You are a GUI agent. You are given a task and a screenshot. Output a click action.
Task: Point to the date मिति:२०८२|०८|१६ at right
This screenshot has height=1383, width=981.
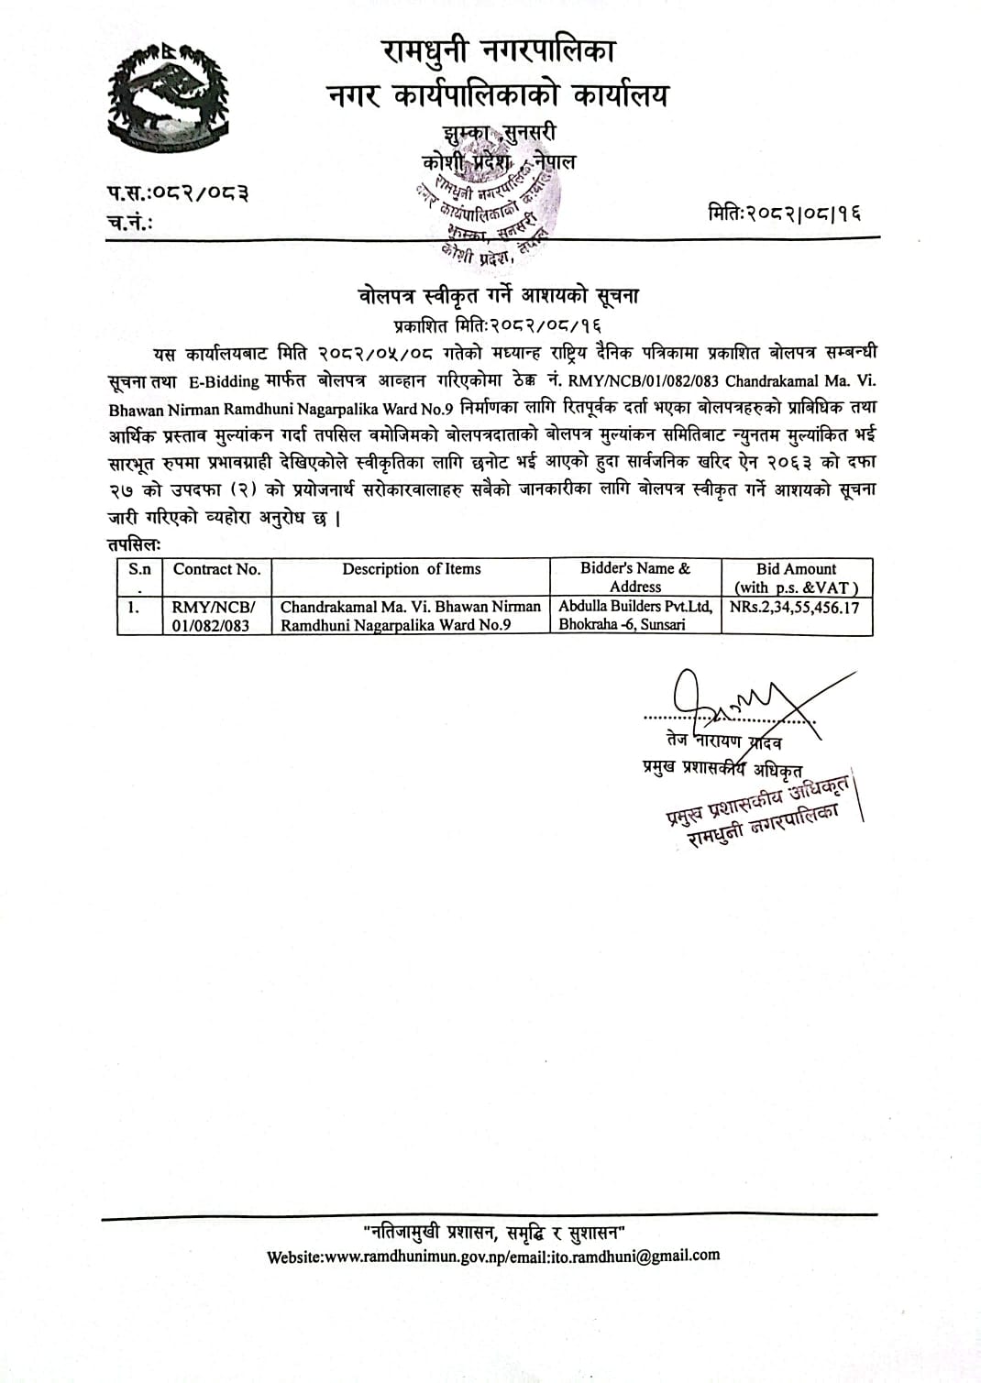tap(785, 214)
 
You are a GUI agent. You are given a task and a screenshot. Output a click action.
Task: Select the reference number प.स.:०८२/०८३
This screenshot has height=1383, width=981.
tap(176, 192)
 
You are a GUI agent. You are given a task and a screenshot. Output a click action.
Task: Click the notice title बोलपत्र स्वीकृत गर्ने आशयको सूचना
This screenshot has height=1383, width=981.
tap(498, 296)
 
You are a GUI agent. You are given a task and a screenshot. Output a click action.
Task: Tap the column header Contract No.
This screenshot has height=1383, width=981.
tap(216, 569)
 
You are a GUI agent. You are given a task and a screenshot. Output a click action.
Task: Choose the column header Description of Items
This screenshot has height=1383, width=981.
tap(411, 569)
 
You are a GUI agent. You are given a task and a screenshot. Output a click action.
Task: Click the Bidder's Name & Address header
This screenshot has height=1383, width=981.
tap(634, 577)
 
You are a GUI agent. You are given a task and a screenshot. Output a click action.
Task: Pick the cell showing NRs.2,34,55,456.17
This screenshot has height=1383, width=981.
tap(795, 607)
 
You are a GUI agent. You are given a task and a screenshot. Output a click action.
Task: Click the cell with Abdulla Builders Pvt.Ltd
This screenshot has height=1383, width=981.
tap(635, 615)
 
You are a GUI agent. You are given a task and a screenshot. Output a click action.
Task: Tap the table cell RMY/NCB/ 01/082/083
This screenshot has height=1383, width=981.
tap(215, 616)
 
